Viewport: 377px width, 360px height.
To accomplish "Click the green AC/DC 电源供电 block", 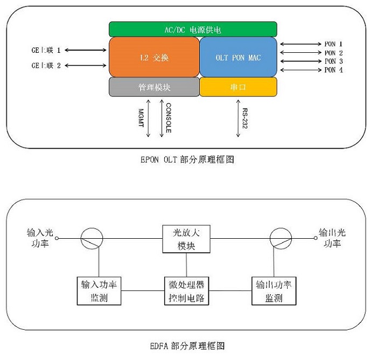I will click(x=193, y=29).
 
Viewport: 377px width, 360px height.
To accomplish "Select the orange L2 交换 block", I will click(x=153, y=57).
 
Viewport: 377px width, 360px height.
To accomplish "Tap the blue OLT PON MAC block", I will click(x=238, y=57).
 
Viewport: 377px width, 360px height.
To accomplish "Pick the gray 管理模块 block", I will click(x=153, y=87).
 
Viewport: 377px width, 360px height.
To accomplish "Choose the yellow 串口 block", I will click(x=238, y=87).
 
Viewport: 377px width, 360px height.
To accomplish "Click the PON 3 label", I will click(x=334, y=61).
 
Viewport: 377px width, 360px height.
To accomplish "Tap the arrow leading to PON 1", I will click(x=300, y=44).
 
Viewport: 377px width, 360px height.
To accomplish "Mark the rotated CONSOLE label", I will click(x=169, y=118).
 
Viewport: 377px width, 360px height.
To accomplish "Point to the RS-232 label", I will click(x=245, y=117).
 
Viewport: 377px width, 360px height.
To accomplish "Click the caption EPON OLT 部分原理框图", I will click(x=187, y=160).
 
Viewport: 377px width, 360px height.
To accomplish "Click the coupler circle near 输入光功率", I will click(x=92, y=238).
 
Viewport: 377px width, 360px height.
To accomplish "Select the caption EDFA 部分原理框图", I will click(x=186, y=345).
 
